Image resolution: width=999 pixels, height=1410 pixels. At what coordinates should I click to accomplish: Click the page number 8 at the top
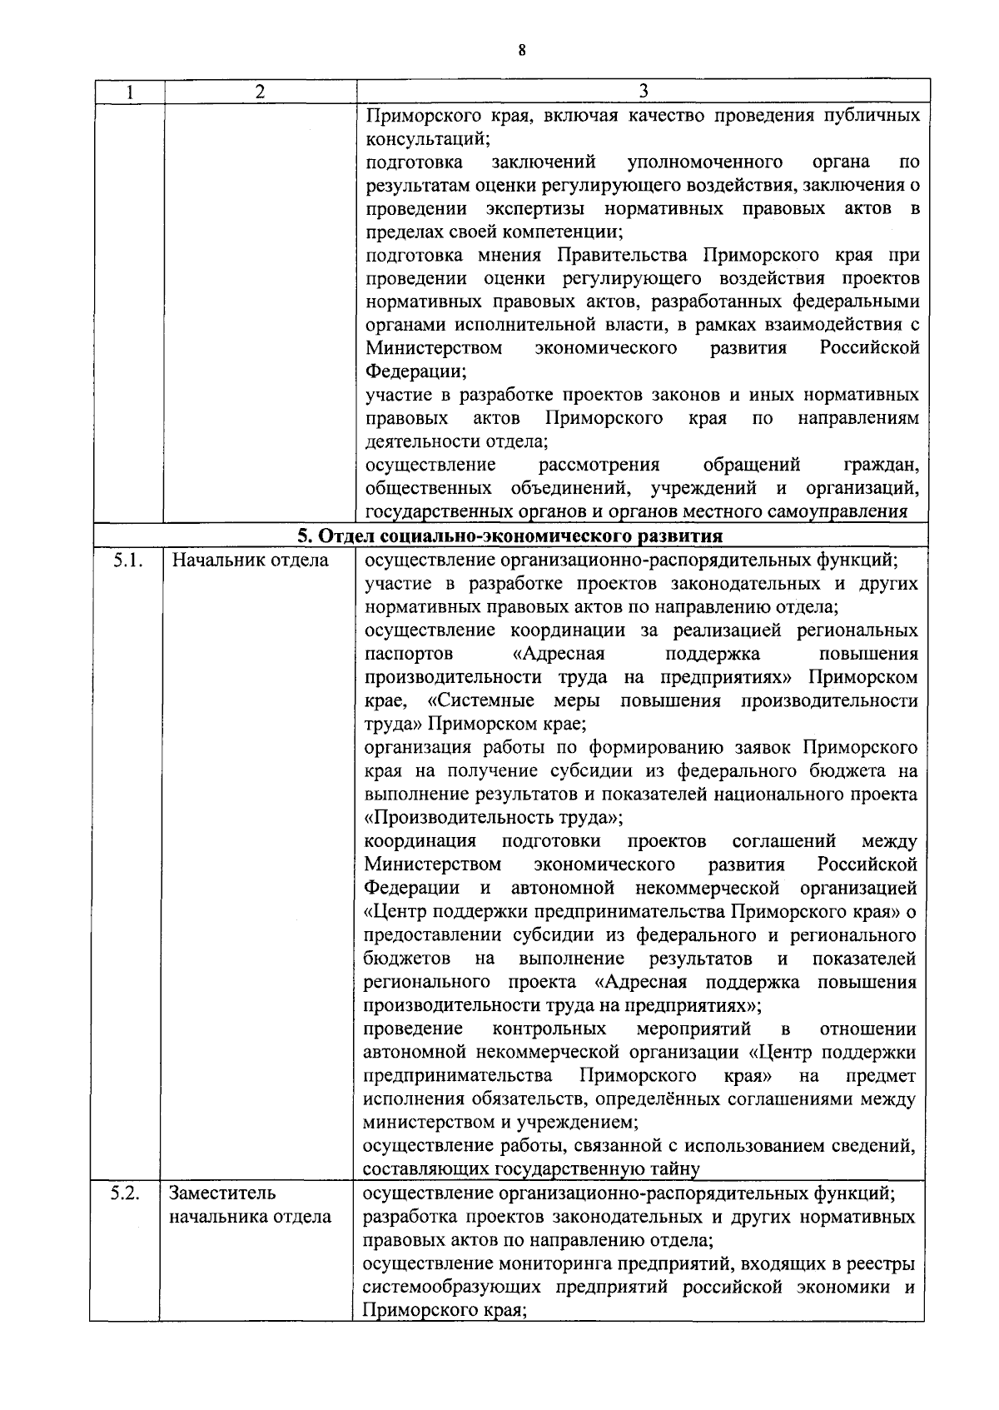[521, 50]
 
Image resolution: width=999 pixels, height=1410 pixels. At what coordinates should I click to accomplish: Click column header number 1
[130, 92]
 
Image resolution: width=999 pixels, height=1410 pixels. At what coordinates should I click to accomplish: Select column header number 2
[260, 92]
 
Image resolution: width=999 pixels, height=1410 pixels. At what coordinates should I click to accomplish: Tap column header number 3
[643, 92]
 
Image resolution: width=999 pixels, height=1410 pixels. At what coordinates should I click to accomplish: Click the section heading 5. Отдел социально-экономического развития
[510, 535]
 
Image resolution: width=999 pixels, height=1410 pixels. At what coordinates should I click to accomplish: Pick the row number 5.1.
[127, 560]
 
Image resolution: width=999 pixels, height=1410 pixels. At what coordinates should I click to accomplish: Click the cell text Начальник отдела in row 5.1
[250, 560]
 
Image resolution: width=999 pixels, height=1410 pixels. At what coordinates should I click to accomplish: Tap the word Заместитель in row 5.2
[222, 1193]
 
